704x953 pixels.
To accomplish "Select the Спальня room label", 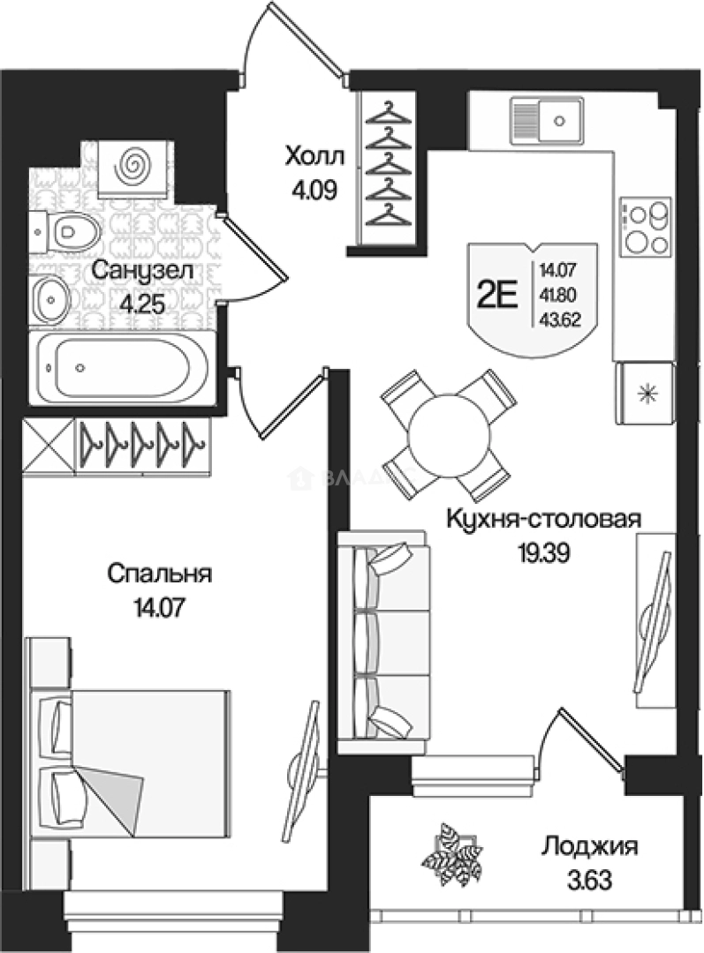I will click(x=160, y=574).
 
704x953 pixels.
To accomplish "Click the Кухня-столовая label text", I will click(x=542, y=519).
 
